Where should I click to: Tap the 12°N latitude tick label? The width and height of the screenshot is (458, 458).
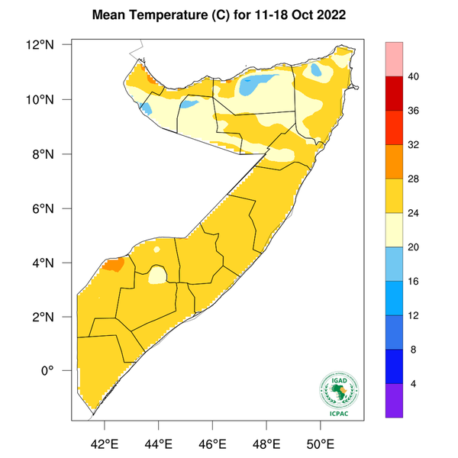tap(56, 45)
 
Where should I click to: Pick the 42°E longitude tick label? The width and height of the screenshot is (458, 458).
tap(105, 443)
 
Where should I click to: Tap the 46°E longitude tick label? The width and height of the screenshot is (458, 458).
tap(212, 443)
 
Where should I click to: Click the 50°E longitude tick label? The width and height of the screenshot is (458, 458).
tap(320, 443)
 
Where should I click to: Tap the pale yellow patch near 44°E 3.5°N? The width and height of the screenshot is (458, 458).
tap(157, 274)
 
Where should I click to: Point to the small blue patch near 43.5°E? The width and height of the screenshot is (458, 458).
tap(146, 109)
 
